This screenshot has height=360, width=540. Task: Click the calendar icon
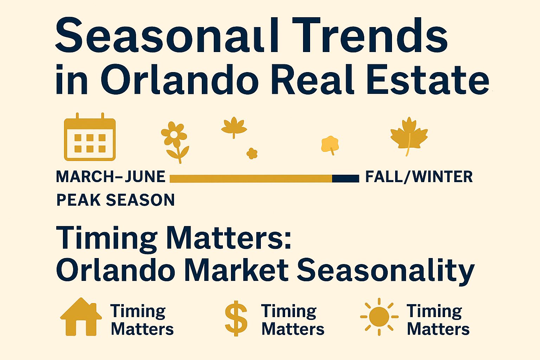click(x=90, y=137)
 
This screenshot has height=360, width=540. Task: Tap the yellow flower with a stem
click(x=175, y=142)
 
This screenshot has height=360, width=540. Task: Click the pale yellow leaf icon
click(x=330, y=145)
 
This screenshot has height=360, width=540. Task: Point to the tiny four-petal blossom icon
click(x=252, y=153)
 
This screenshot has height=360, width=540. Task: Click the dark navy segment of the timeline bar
click(x=346, y=179)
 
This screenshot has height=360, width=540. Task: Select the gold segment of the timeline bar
click(x=251, y=179)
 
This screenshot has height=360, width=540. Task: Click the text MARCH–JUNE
click(x=111, y=176)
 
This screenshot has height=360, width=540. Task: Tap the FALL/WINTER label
click(x=419, y=177)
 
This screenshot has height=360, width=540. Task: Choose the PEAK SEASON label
click(x=115, y=200)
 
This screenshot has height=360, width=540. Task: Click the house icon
click(x=81, y=317)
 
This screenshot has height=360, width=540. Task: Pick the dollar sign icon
click(x=236, y=318)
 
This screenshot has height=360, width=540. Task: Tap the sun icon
click(x=379, y=317)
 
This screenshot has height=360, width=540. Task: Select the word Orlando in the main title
click(x=180, y=79)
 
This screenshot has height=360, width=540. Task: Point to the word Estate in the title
click(x=427, y=79)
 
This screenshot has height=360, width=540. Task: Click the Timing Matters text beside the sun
click(x=438, y=320)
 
